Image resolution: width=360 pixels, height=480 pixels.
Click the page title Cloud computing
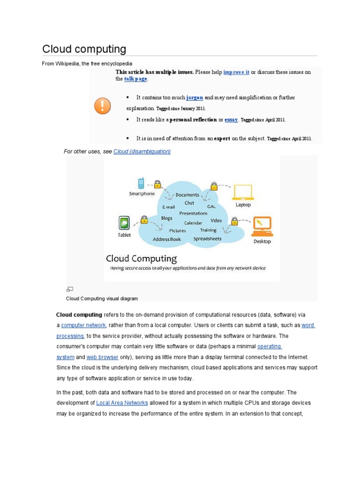pyautogui.click(x=84, y=49)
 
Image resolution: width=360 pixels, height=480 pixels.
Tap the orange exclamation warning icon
pyautogui.click(x=102, y=106)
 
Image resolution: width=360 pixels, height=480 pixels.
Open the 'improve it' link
pyautogui.click(x=236, y=72)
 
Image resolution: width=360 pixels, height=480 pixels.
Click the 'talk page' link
pyautogui.click(x=135, y=79)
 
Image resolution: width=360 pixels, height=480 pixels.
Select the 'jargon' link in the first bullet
pyautogui.click(x=195, y=97)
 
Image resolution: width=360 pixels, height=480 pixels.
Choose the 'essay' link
pyautogui.click(x=231, y=120)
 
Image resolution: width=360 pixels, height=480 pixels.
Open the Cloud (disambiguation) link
pyautogui.click(x=142, y=151)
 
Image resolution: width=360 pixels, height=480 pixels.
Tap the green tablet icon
pyautogui.click(x=124, y=222)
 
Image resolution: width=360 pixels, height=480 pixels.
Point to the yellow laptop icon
pyautogui.click(x=243, y=192)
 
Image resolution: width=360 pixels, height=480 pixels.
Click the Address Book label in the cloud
pyautogui.click(x=167, y=239)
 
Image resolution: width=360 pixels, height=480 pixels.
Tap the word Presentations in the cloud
pyautogui.click(x=194, y=213)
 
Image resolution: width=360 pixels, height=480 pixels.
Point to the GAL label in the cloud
pyautogui.click(x=211, y=206)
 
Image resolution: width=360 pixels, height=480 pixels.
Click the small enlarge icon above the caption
pyautogui.click(x=69, y=289)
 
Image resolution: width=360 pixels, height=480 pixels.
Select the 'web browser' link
pyautogui.click(x=103, y=357)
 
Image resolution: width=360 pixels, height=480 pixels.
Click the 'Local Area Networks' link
pyautogui.click(x=122, y=403)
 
